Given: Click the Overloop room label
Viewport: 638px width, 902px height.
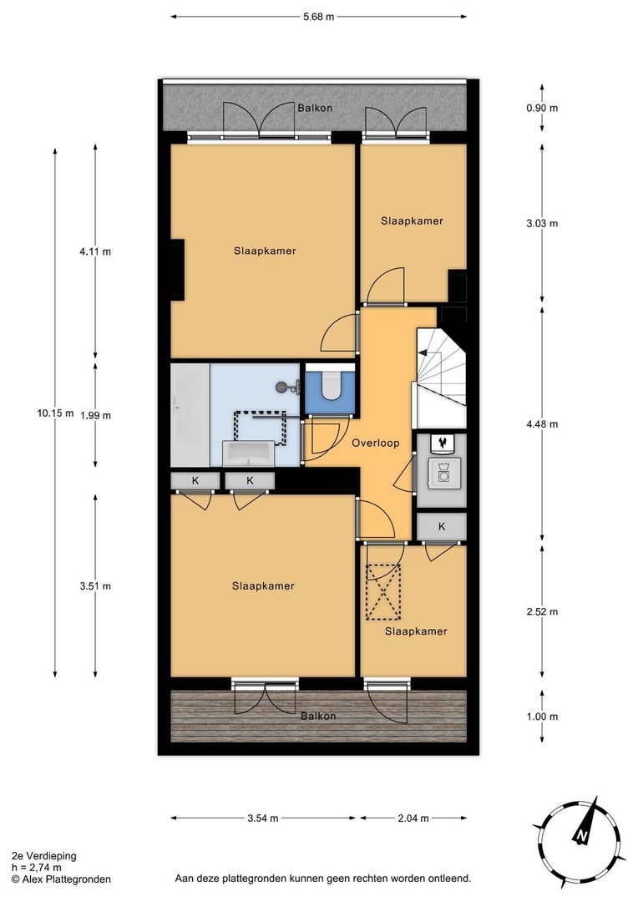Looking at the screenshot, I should tap(376, 443).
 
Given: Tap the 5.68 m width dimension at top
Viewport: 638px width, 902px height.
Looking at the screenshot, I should tap(319, 16).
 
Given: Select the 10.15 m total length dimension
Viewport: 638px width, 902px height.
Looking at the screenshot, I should tap(55, 413).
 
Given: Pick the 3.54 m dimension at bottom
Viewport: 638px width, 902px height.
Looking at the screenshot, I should tap(262, 818).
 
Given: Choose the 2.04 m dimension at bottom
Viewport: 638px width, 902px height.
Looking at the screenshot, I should tap(413, 818).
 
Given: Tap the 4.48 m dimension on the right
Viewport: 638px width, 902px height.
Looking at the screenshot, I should tap(542, 424).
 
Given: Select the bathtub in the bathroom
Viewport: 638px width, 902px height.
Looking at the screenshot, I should tap(190, 415).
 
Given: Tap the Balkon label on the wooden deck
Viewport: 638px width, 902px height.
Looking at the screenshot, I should tap(318, 717).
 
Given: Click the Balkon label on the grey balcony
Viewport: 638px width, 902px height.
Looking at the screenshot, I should tap(315, 109).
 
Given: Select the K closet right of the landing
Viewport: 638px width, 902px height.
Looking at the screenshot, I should tap(441, 526).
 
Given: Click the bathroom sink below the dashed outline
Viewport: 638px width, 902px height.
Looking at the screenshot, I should tap(249, 454).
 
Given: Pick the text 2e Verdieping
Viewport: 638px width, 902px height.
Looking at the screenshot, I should tap(44, 856).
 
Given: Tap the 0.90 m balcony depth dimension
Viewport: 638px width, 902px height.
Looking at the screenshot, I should tap(542, 109).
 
